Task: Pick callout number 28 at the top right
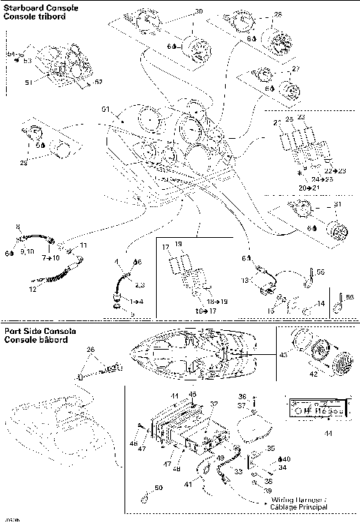click(x=278, y=15)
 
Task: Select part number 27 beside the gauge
click(x=295, y=69)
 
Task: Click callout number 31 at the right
click(x=337, y=206)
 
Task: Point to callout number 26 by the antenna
click(x=91, y=350)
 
